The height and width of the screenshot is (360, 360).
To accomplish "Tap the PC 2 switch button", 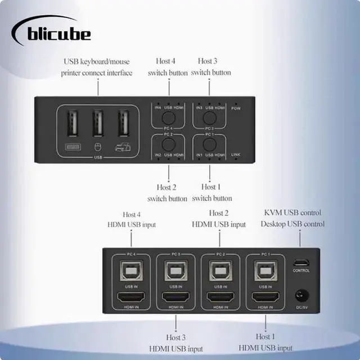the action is [168, 143].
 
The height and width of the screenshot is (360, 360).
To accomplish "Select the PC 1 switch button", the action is [210, 143].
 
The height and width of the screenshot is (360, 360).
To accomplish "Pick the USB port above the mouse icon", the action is [97, 123].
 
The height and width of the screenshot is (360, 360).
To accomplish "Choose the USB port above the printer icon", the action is [122, 123].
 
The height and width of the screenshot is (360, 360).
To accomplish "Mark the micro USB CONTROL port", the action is [301, 263].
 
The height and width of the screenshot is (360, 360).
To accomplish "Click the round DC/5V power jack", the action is [301, 295].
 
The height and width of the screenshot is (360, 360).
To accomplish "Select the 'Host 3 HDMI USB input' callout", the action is [175, 343].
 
